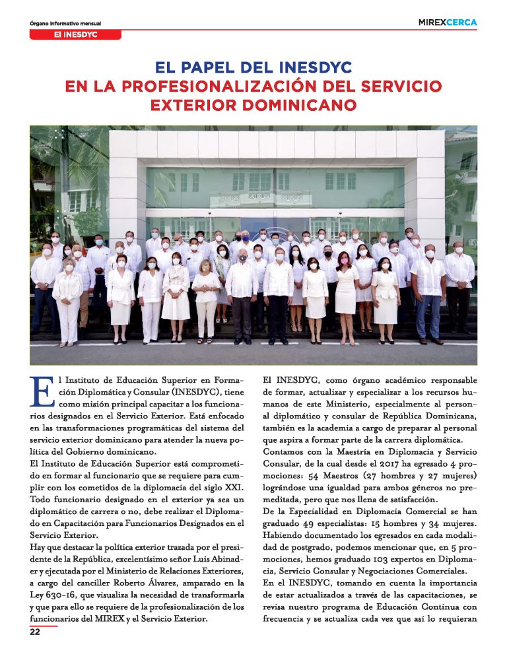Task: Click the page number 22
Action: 36,632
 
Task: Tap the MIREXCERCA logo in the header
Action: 447,22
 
